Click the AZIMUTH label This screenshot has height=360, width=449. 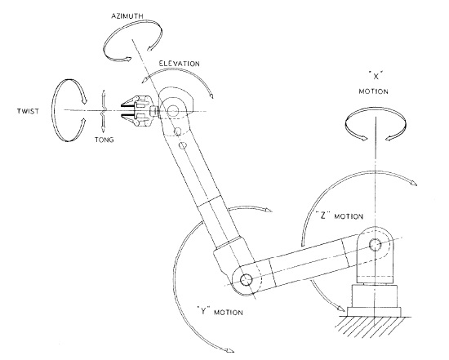[x=127, y=16]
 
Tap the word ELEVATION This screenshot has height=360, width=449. [x=180, y=64]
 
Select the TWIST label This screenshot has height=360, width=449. [x=28, y=111]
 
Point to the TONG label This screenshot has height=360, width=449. [x=104, y=140]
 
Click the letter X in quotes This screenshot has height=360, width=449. [x=376, y=76]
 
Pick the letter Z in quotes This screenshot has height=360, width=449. [x=323, y=215]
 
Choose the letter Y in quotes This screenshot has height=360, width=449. [x=203, y=311]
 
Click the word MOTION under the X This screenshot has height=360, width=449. [x=373, y=91]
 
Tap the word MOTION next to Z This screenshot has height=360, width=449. [x=349, y=216]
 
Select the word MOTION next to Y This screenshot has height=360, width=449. [x=229, y=312]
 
